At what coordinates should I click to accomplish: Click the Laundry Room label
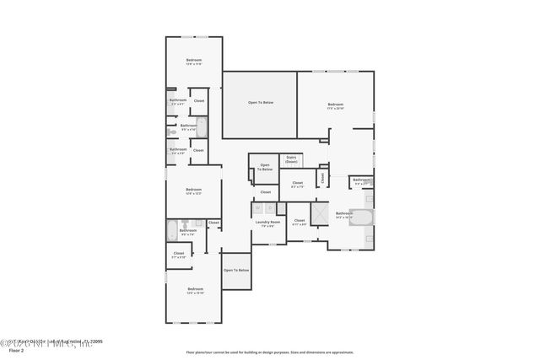pos(267,223)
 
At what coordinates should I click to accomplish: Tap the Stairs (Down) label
pos(291,159)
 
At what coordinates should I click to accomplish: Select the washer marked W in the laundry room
pos(257,207)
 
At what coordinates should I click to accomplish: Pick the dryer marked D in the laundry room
pos(268,207)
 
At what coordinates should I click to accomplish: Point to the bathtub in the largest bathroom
pos(362,217)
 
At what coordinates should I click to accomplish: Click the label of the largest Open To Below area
pos(260,103)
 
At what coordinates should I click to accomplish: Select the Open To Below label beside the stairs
pos(265,167)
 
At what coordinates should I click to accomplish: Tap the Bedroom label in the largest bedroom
pos(336,105)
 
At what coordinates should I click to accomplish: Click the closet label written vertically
pos(322,177)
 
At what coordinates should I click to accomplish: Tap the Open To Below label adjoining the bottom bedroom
pos(236,270)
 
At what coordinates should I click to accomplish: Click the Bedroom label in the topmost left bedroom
pos(194,60)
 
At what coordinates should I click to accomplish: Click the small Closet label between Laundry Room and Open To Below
pos(265,192)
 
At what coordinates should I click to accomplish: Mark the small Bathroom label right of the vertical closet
pos(361,180)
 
